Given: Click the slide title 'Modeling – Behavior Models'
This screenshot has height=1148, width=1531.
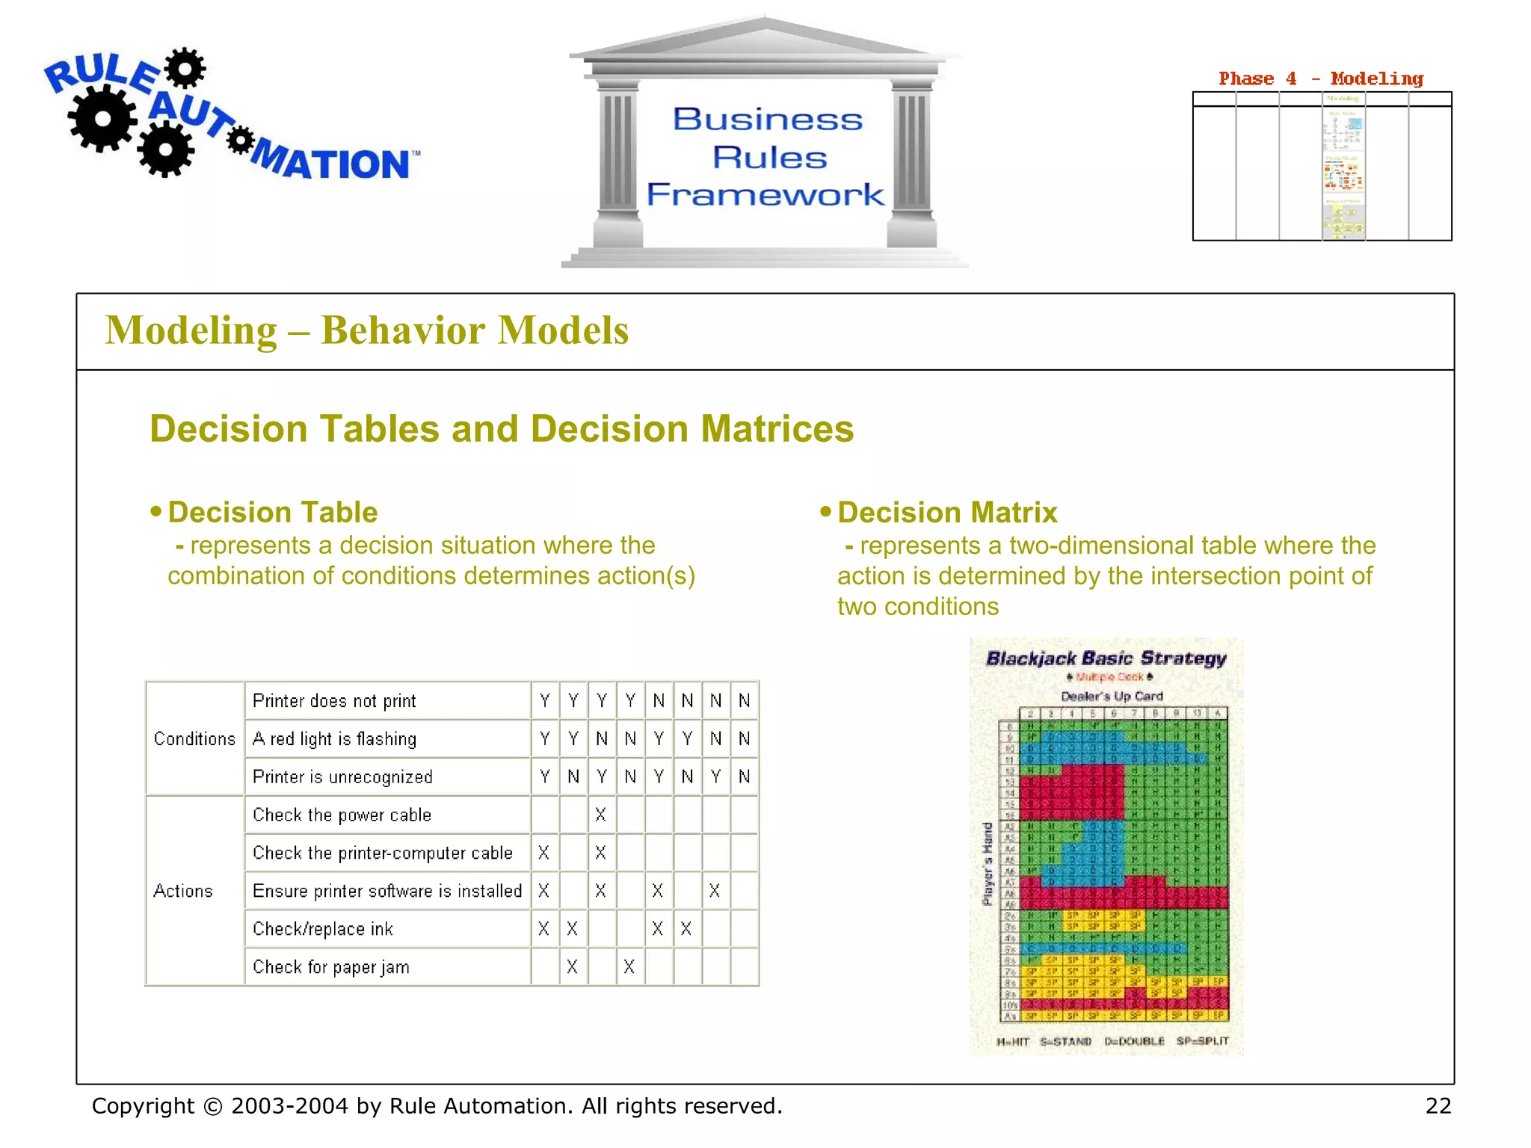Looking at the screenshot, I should [x=366, y=330].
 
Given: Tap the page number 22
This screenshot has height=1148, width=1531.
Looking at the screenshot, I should [x=1438, y=1105].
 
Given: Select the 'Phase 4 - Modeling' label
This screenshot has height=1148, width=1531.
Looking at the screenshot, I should [x=1320, y=78].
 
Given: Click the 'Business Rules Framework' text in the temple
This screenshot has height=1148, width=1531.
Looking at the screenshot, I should [x=767, y=157].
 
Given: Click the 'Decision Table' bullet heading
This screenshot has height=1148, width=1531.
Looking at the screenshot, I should [x=272, y=512].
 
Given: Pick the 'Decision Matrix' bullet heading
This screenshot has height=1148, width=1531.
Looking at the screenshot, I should [x=946, y=512].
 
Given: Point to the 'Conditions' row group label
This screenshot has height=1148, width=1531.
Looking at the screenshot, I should [x=194, y=738].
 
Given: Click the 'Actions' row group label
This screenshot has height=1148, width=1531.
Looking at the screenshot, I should [x=183, y=891].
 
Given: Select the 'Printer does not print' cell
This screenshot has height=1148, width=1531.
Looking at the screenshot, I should [x=334, y=701].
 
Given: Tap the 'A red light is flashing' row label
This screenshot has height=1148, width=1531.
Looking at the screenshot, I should [x=334, y=739].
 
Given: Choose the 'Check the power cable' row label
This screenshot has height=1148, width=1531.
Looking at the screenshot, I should [x=342, y=815].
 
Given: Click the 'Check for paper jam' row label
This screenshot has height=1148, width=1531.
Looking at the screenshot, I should [x=331, y=967].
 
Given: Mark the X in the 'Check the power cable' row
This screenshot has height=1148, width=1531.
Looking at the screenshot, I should [x=601, y=815].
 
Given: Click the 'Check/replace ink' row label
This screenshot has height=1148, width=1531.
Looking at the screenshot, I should [x=322, y=929].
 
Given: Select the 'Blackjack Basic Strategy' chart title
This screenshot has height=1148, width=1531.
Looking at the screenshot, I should [x=1106, y=658].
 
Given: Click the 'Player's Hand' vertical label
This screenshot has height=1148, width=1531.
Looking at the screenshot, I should [x=988, y=863].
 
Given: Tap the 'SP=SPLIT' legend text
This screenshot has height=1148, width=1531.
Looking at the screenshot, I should [x=1202, y=1041].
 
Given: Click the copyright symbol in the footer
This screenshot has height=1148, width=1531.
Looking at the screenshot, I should [x=213, y=1106].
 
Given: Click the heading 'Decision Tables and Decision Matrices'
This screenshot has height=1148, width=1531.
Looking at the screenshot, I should [x=502, y=429].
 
